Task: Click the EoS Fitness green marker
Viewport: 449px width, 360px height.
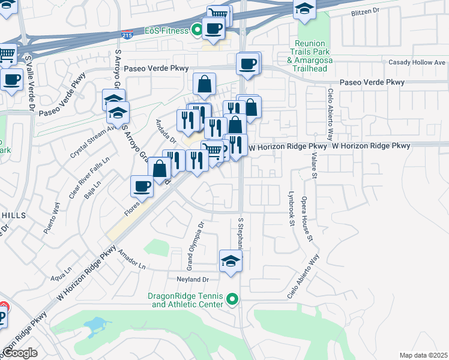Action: click(196, 30)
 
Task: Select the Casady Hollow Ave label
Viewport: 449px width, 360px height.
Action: click(417, 62)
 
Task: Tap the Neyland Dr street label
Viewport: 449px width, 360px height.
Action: click(192, 280)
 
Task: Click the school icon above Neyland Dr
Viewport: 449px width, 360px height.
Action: click(230, 262)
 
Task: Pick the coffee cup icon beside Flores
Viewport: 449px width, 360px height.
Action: click(142, 187)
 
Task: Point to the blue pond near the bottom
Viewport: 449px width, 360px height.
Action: click(96, 326)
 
